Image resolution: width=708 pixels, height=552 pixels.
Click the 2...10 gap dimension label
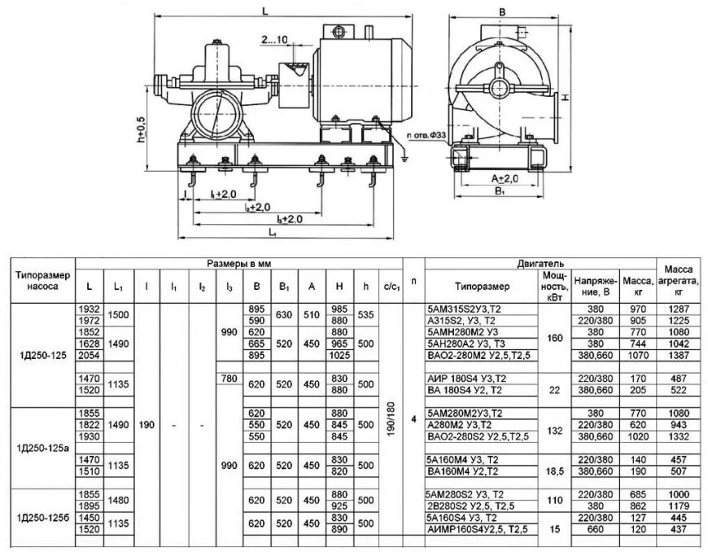(276, 39)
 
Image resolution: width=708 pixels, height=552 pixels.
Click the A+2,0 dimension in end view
(505, 178)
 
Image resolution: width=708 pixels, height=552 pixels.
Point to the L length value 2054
(89, 356)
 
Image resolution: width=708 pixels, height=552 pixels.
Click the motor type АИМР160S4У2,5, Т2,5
(477, 529)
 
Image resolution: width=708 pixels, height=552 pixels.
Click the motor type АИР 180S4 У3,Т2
(466, 379)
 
